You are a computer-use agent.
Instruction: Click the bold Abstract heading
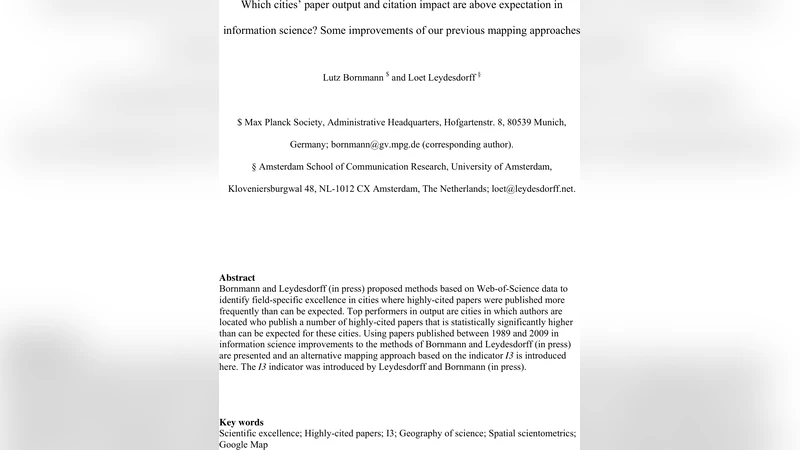point(237,277)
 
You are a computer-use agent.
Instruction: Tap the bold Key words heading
point(241,422)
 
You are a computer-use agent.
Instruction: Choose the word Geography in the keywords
point(423,433)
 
